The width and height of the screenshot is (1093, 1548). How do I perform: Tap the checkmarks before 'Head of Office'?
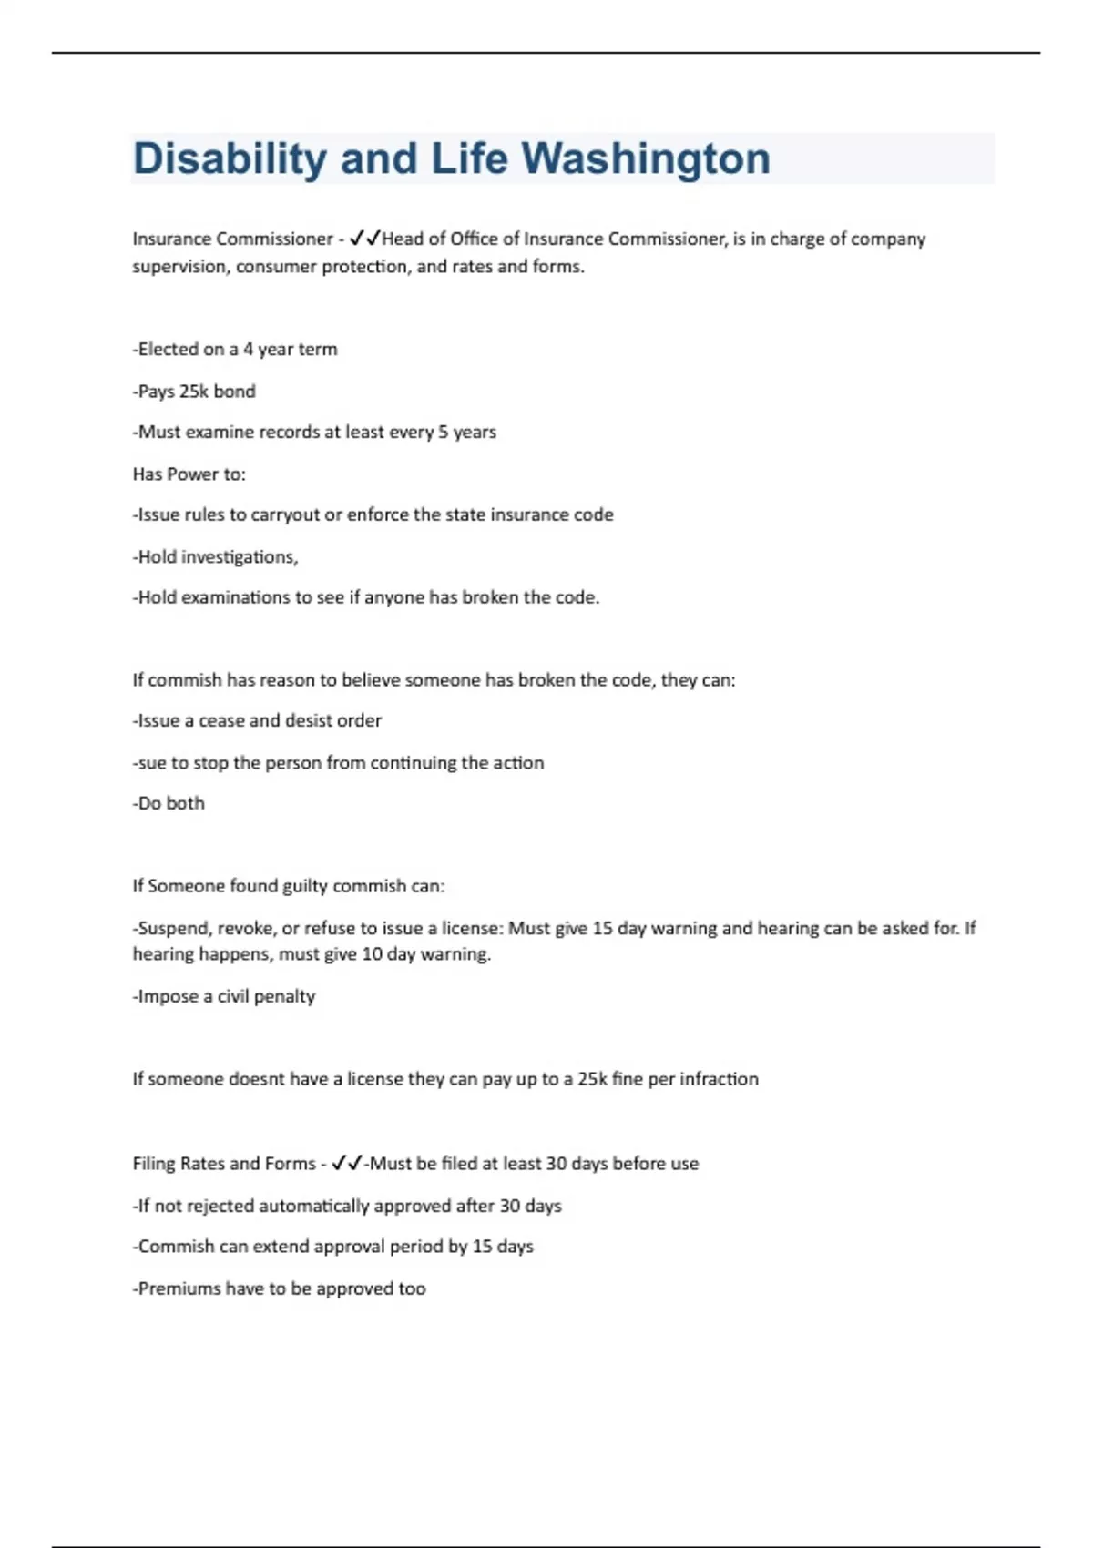[x=364, y=239]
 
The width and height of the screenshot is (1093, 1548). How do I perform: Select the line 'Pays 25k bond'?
[x=194, y=391]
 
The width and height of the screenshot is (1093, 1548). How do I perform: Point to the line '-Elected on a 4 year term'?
[x=235, y=349]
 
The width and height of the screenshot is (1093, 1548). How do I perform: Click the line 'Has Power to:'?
[x=189, y=474]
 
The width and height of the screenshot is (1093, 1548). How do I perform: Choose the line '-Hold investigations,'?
[x=216, y=556]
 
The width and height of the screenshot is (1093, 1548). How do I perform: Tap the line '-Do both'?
[x=169, y=803]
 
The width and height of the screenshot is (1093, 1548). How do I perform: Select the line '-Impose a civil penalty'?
[x=224, y=996]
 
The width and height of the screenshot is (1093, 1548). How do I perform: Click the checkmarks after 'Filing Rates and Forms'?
[x=346, y=1163]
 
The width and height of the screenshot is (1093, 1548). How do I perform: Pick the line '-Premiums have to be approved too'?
[x=279, y=1288]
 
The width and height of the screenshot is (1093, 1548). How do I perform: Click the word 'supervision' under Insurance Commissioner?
[x=179, y=267]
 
